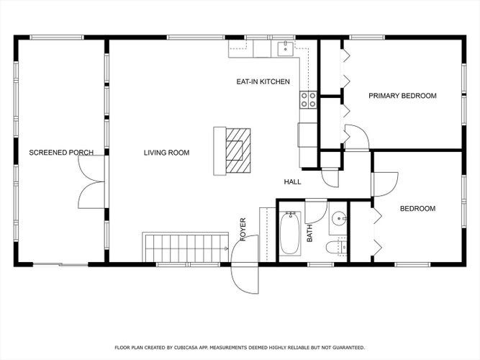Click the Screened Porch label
(x=61, y=153)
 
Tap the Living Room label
(x=166, y=153)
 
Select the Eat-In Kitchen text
(x=263, y=82)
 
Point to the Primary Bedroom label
(x=402, y=96)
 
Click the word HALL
(x=292, y=182)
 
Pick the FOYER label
(x=243, y=229)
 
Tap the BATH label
(x=309, y=233)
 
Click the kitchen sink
(x=285, y=49)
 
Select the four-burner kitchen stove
(x=308, y=100)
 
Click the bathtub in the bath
(x=290, y=233)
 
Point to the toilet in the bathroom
(x=336, y=247)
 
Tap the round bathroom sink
(x=339, y=218)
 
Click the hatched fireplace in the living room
(x=238, y=150)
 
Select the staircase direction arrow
(x=226, y=248)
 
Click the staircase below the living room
(x=186, y=248)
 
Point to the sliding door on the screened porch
(x=60, y=264)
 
